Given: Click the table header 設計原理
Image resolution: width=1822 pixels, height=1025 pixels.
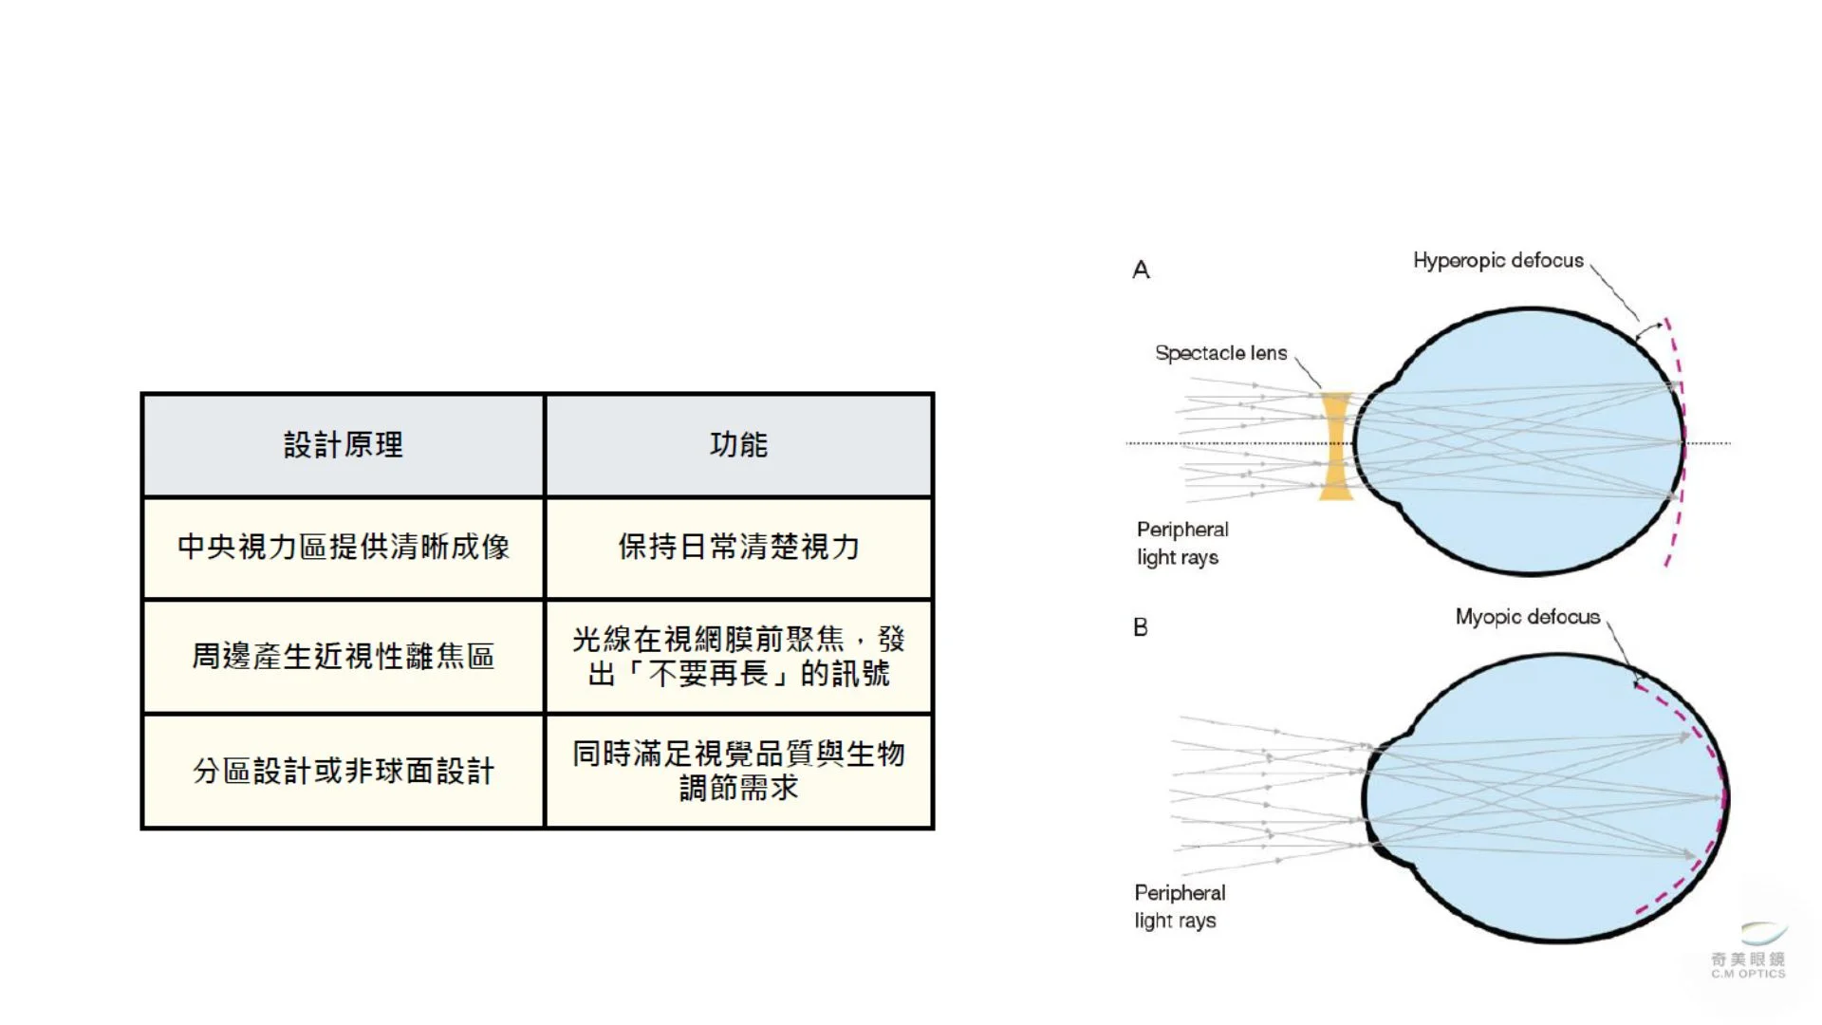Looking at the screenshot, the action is pos(344,444).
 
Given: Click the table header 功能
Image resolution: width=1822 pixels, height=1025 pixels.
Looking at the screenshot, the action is pos(738,444).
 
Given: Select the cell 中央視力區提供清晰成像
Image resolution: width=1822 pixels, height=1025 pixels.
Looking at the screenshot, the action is pos(344,548).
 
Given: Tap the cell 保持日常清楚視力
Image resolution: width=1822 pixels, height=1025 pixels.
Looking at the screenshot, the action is pos(738,548).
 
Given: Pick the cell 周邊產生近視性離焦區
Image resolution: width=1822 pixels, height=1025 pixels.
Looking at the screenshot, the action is pos(344,656).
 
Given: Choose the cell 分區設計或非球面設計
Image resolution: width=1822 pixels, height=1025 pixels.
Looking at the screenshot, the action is pos(344,771).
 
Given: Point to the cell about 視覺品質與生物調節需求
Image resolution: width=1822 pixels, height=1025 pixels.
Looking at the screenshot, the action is pos(738,771).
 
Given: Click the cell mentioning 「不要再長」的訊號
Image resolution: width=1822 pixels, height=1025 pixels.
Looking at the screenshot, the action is pos(738,656).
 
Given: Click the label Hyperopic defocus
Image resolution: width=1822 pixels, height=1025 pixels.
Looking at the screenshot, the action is pos(1498,261).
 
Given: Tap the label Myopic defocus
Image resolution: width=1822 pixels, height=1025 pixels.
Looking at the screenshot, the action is pos(1528,618).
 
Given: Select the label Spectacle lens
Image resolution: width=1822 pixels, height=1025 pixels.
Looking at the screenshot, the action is pos(1221,353).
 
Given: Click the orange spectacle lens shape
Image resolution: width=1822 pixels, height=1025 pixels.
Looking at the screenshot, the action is pos(1336,446).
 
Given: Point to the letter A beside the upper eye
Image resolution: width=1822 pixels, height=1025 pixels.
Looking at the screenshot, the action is pos(1141,270).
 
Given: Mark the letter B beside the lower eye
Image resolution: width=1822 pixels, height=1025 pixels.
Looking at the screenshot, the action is pos(1141,627).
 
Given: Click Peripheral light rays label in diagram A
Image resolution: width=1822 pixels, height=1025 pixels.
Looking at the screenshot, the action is pos(1182,544).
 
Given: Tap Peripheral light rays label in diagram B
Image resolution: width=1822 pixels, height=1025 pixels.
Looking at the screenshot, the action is pos(1180,906).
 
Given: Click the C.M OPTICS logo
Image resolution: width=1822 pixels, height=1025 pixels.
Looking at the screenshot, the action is pos(1749,951).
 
